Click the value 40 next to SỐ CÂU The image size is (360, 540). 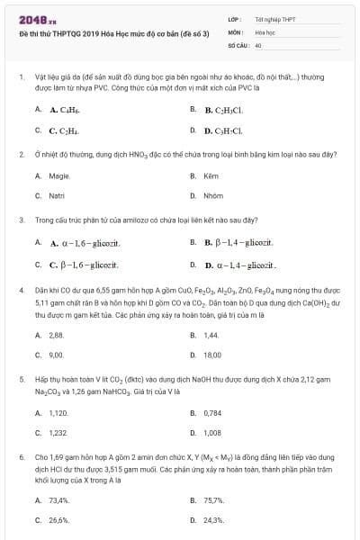tap(258, 43)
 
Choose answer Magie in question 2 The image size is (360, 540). tap(59, 176)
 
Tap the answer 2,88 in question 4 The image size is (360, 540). tap(56, 335)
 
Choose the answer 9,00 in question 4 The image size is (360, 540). tap(56, 355)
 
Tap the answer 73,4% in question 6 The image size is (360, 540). tap(59, 499)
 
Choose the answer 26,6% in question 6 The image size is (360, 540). tap(59, 519)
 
